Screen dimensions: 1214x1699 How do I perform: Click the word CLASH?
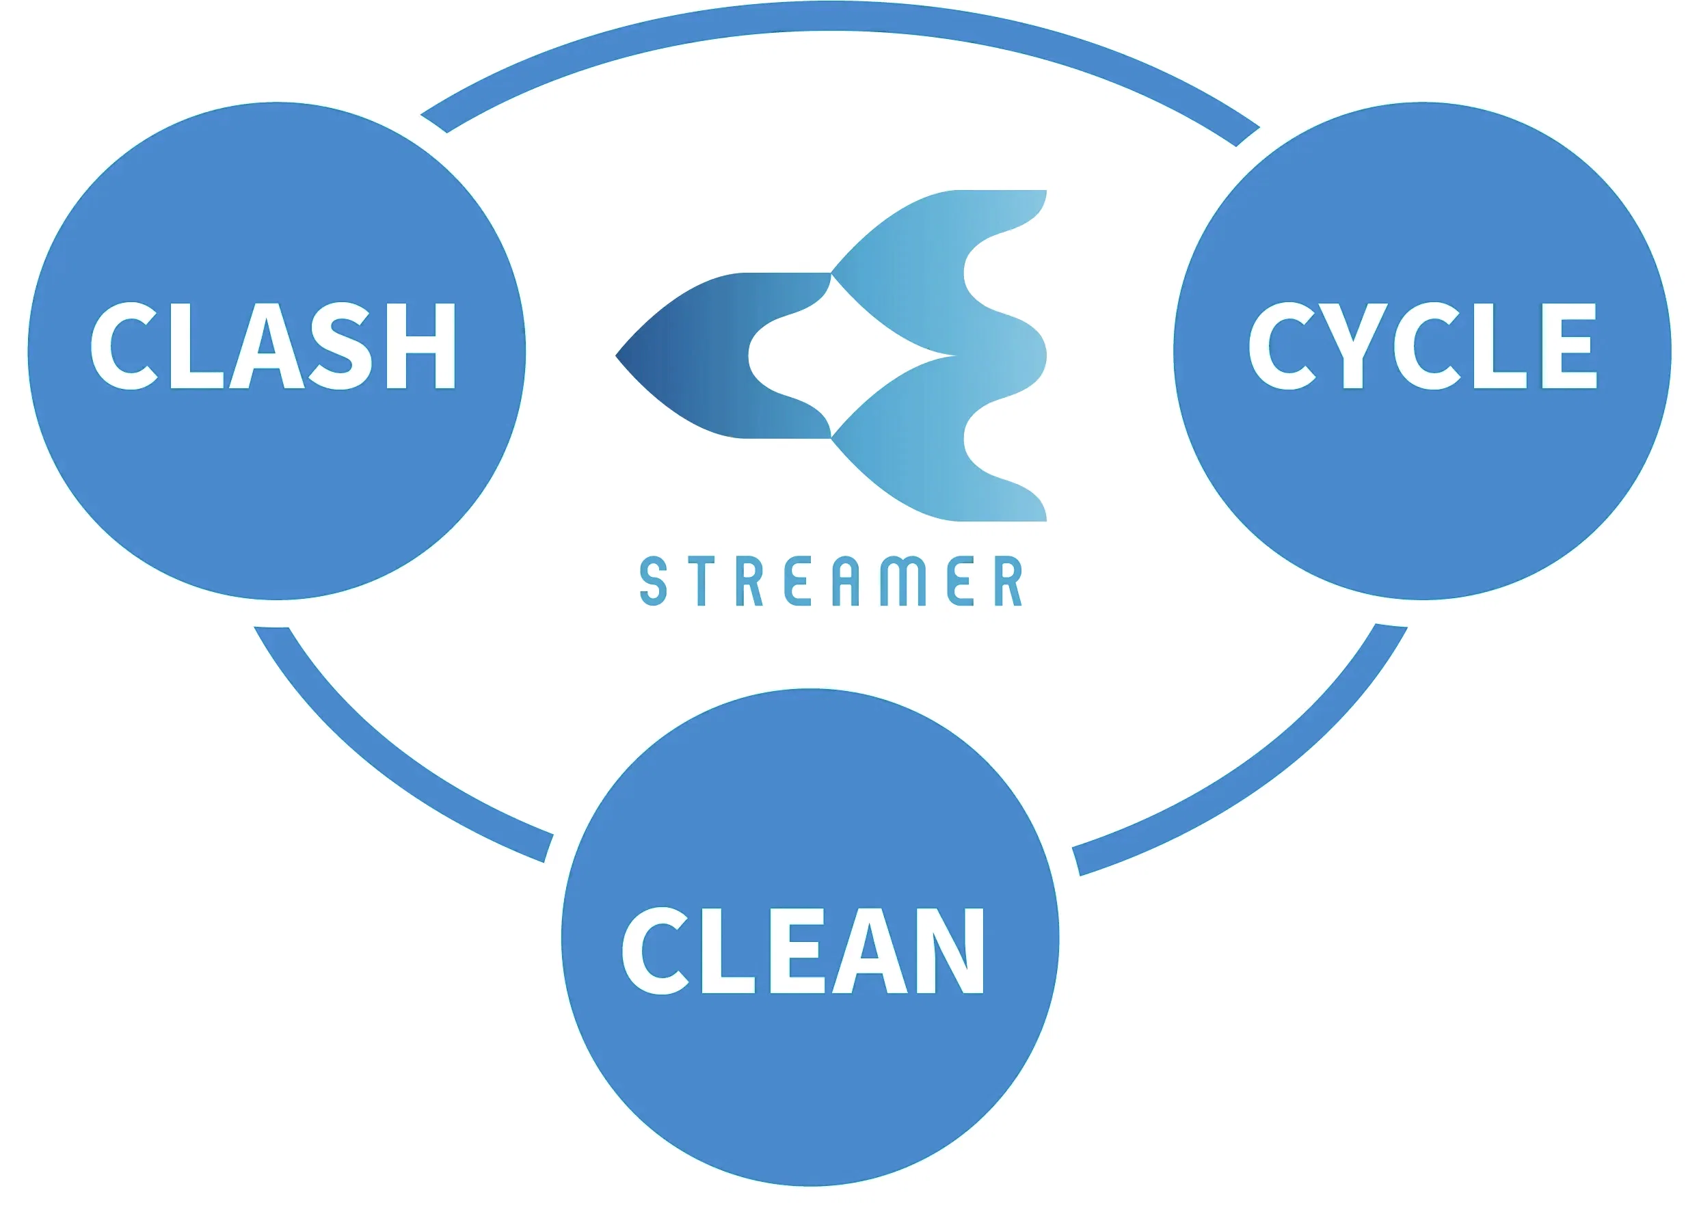point(273,345)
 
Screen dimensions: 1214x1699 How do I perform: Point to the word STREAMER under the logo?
point(830,580)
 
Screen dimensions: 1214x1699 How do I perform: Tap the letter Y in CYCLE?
point(1353,345)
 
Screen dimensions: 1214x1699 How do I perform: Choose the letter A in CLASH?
point(267,345)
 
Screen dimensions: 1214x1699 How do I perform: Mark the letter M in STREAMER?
point(903,580)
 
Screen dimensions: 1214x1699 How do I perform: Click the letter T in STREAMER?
point(701,580)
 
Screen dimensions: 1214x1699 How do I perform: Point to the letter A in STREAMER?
point(845,580)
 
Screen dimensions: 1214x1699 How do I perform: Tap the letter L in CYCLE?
point(1498,345)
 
